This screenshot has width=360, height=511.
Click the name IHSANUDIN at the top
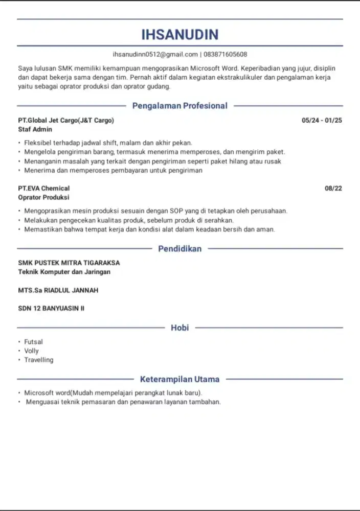pos(179,34)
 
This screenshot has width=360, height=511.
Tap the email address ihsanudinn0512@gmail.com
pos(155,54)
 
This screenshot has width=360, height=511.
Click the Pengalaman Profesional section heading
pos(179,106)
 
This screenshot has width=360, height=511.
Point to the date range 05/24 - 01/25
pos(322,121)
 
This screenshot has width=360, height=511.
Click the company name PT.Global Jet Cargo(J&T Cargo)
pos(66,121)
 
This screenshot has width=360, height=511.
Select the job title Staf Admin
pos(35,130)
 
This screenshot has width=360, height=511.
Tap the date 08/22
pos(333,188)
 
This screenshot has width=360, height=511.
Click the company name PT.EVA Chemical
pos(43,188)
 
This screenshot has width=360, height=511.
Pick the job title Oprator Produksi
pos(43,197)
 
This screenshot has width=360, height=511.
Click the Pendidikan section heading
pos(179,249)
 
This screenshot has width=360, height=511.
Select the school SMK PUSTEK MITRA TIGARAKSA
pos(69,263)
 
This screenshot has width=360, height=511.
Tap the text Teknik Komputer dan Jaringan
pos(64,272)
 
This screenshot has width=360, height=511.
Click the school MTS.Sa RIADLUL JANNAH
pos(58,290)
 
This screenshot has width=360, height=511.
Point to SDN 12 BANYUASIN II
pos(51,309)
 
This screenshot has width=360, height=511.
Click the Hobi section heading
pos(179,328)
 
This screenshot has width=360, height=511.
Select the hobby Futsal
pos(34,342)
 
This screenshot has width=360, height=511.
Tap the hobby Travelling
pos(39,360)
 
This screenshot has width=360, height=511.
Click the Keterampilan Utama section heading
pos(179,379)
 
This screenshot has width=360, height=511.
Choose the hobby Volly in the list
pos(32,351)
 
